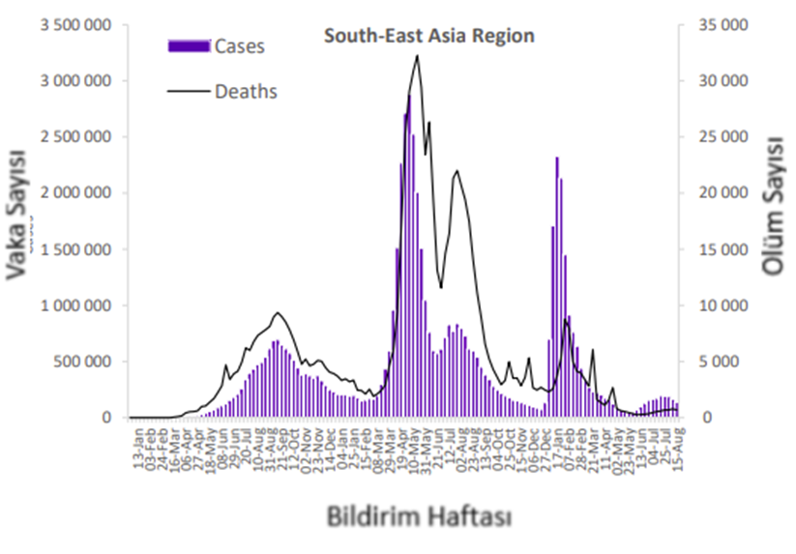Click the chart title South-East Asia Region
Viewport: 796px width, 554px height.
click(428, 37)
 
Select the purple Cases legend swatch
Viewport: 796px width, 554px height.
click(189, 45)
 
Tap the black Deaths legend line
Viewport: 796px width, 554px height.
click(189, 92)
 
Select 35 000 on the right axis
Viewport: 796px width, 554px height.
click(722, 24)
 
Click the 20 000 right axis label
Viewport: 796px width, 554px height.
click(722, 193)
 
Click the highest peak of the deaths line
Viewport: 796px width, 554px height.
click(417, 56)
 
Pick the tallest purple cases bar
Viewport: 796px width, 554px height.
click(409, 97)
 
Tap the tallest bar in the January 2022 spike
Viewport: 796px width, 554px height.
click(556, 158)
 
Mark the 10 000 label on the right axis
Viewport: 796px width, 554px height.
click(722, 306)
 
